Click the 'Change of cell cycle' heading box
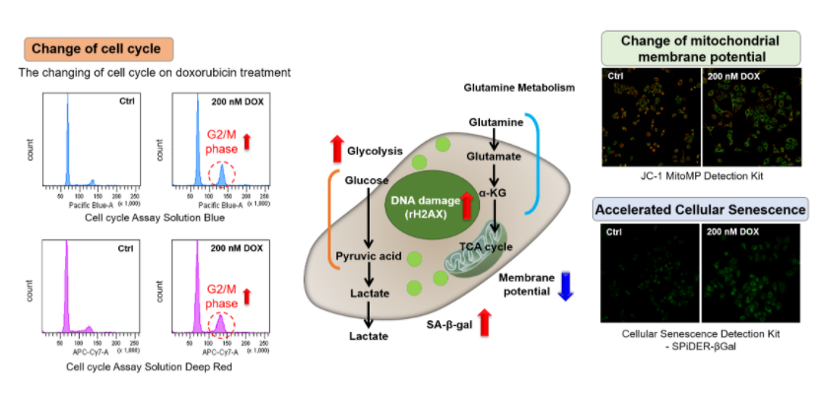coord(98,48)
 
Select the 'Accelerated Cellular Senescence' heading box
coord(702,209)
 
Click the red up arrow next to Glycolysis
coord(336,150)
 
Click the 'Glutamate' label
coord(496,156)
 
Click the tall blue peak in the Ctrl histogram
coord(68,138)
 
